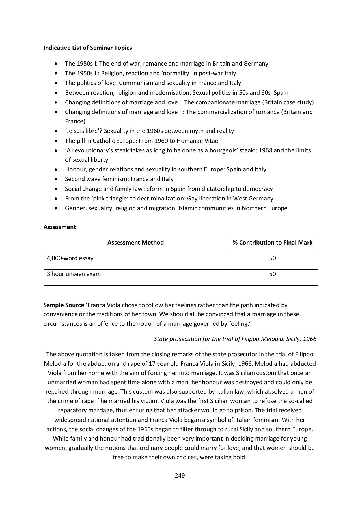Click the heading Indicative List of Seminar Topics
click(x=88, y=48)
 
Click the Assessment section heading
click(x=60, y=227)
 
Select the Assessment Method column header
click(x=135, y=243)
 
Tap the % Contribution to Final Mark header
click(x=273, y=243)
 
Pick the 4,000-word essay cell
click(x=70, y=258)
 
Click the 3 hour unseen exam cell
click(x=74, y=274)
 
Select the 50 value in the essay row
click(x=273, y=258)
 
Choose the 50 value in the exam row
click(x=273, y=274)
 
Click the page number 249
click(x=180, y=476)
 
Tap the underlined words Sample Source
click(x=64, y=305)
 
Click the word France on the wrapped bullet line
click(x=75, y=121)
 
